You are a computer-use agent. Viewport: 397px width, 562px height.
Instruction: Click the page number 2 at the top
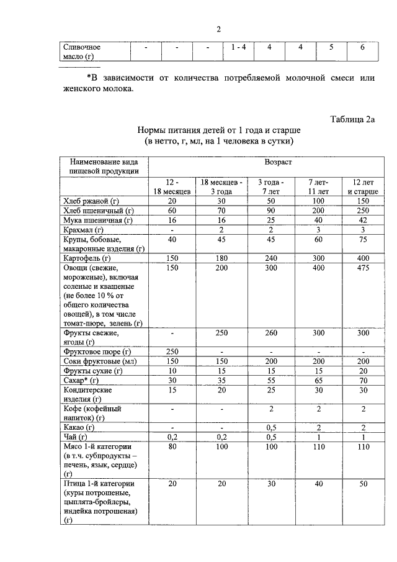218,29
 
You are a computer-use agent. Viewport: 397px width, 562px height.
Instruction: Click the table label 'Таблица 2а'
353,119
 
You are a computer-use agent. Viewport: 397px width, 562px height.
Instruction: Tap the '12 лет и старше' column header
363,187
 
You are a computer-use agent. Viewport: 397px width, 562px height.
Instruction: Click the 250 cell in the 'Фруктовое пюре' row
171,351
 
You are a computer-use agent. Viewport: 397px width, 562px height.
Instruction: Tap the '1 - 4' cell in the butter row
238,47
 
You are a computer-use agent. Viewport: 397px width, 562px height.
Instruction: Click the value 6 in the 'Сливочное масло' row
362,47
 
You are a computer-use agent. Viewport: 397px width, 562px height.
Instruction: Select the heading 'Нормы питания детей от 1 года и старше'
218,131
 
